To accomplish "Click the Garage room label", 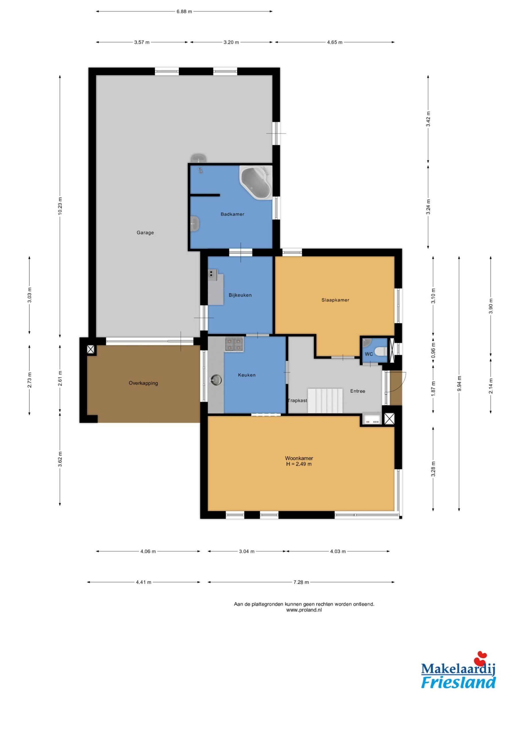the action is [145, 233].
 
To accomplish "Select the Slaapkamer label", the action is [335, 300].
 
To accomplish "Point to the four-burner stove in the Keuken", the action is [234, 345].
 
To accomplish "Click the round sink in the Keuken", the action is [216, 380].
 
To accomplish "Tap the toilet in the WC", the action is [381, 351].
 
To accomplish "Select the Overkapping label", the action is [143, 383].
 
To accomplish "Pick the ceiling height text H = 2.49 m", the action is [298, 464].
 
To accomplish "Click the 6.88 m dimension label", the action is [184, 11].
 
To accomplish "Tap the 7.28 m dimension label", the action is [301, 582].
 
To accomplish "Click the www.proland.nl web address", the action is [304, 610].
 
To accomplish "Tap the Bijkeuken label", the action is [240, 295].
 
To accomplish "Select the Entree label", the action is [358, 391].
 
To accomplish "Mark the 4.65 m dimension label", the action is [334, 42].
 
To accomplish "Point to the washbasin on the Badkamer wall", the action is [195, 223].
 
